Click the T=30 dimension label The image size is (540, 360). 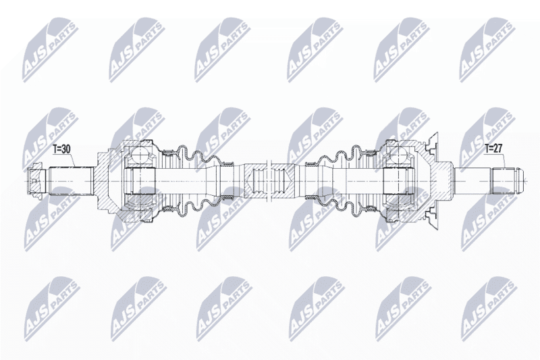[x=61, y=149]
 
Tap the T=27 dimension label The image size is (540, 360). [x=493, y=148]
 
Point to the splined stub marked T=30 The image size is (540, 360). [x=72, y=181]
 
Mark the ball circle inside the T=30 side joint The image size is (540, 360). [x=141, y=153]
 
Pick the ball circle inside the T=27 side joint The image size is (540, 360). [x=400, y=153]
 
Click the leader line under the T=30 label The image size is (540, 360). [x=72, y=160]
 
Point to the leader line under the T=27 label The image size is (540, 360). [x=505, y=160]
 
